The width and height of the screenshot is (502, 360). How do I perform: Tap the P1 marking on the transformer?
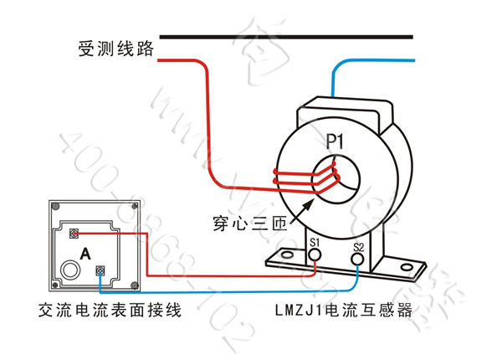pos(335,139)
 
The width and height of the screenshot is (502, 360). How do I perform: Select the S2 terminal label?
pos(358,247)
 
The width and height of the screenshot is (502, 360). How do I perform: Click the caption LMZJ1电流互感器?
pos(345,310)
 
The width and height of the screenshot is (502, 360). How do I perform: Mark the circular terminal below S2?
pos(358,260)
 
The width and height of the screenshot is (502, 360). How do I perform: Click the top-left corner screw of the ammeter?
pos(53,207)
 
